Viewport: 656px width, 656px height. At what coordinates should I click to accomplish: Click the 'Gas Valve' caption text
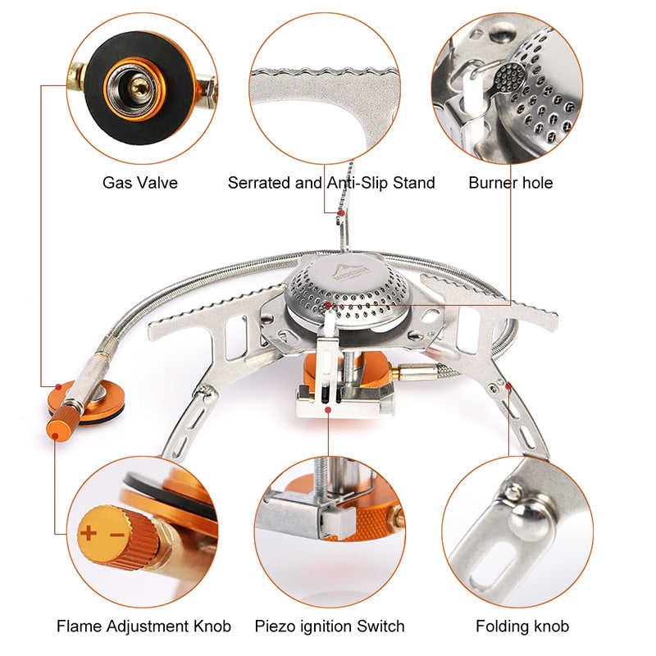139,182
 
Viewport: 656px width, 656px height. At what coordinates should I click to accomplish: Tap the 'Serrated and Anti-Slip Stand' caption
331,182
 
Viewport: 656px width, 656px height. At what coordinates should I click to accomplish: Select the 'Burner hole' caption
510,182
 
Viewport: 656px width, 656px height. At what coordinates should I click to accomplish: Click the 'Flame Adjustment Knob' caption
143,626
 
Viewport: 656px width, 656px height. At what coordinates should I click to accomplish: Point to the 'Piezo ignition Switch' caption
330,626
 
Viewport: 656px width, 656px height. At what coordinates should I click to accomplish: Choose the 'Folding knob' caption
522,626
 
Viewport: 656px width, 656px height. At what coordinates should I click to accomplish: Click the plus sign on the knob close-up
88,534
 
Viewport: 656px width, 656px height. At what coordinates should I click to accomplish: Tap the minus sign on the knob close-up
116,535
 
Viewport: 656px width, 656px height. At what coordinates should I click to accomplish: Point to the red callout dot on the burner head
327,305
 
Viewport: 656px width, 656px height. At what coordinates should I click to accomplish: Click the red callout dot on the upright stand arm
339,213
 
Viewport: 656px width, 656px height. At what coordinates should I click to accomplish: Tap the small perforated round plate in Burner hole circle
510,78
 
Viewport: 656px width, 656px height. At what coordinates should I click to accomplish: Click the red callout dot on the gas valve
58,385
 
